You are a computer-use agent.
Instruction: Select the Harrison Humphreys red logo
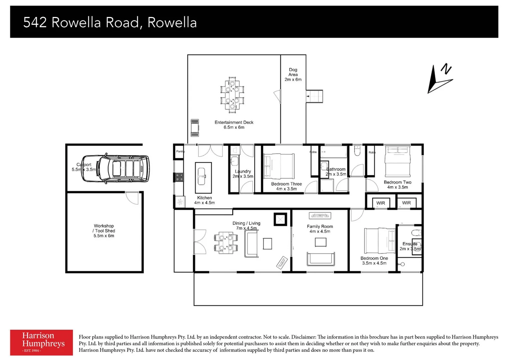41,342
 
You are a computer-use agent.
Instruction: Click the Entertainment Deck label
234,125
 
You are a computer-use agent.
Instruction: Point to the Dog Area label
293,75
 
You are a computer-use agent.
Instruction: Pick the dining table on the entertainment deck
232,95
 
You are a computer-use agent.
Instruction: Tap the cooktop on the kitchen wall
179,177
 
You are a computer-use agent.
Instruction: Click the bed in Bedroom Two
397,162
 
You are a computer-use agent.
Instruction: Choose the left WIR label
380,203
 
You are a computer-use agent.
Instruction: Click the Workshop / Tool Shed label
104,231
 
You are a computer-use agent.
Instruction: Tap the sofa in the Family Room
320,259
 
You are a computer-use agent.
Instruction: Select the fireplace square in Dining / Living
280,219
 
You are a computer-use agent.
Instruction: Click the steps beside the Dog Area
314,96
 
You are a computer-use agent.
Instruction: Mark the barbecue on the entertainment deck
195,128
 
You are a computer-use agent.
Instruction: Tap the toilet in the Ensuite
416,232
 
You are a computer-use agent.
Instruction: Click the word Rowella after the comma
172,22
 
